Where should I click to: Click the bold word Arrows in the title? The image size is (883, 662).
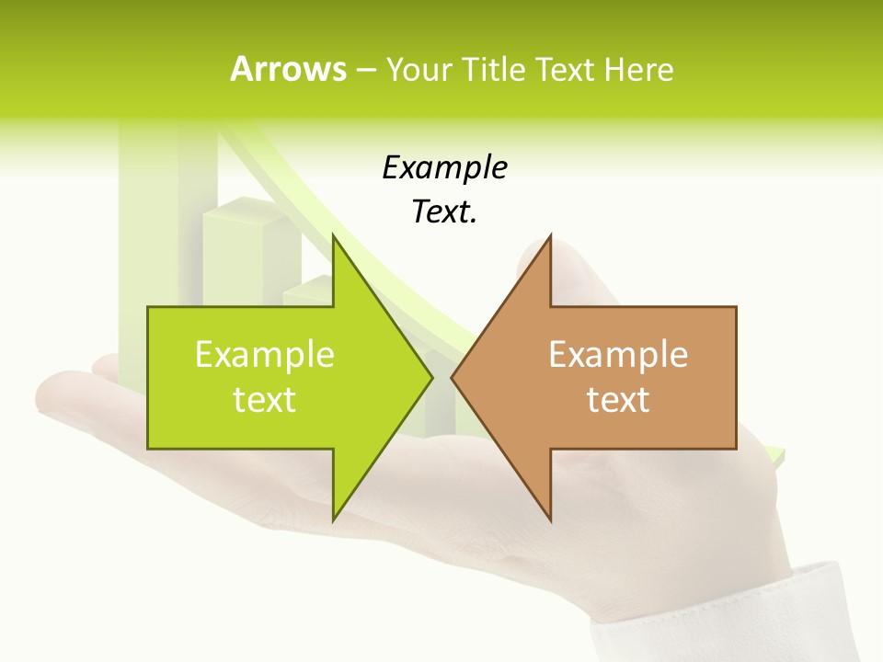pos(288,69)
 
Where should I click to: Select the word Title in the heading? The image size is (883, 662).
pos(494,69)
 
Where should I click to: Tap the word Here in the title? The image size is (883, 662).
pos(638,69)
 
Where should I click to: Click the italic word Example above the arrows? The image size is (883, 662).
pos(444,168)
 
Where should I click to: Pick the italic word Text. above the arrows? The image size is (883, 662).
pos(444,212)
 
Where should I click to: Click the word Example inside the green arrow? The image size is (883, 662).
pos(265,355)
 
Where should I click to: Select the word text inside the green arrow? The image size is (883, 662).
pos(265,400)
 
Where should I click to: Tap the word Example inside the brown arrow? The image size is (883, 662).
pos(618,355)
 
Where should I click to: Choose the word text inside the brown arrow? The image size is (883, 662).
pos(618,400)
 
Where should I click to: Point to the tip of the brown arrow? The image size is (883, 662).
pos(453,377)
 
